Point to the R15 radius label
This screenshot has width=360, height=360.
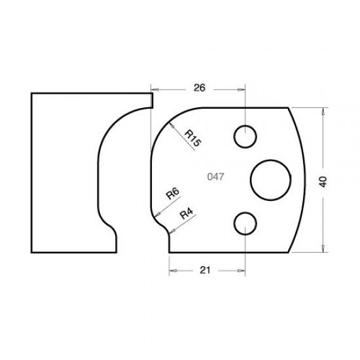click(x=192, y=138)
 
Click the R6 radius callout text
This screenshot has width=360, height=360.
click(x=173, y=194)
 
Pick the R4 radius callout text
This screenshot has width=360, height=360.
click(x=186, y=212)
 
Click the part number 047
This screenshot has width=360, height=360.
click(x=216, y=177)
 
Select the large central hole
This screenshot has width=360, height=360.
click(x=270, y=178)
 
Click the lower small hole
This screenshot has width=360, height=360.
click(x=245, y=224)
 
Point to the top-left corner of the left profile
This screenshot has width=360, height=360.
click(x=31, y=93)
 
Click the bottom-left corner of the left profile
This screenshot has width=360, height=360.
click(x=31, y=251)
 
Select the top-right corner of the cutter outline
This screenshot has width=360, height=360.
click(x=289, y=107)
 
